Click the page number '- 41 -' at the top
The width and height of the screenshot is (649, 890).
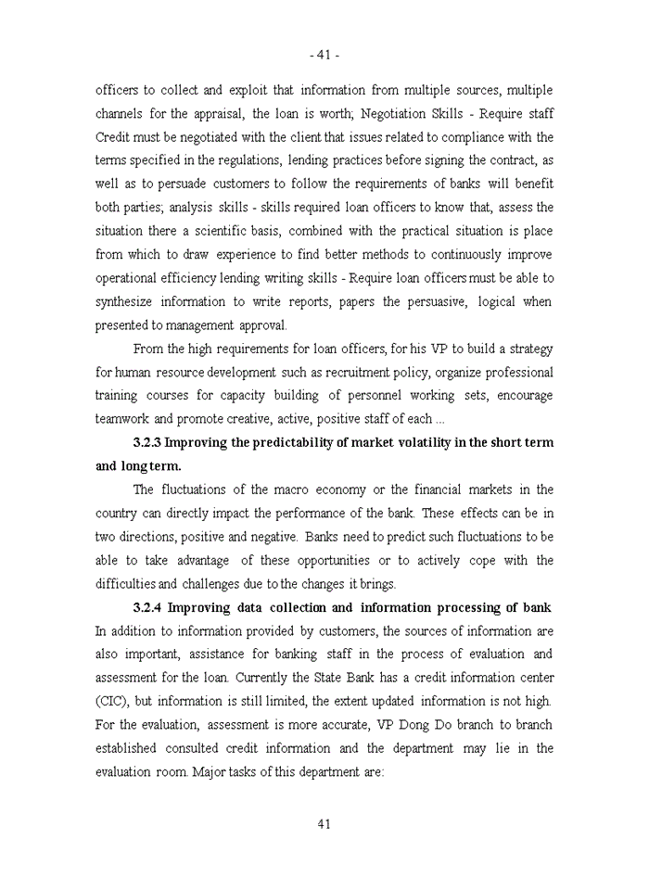[x=324, y=55]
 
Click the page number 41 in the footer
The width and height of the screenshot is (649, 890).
[x=324, y=824]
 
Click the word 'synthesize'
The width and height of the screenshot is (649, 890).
[x=127, y=301]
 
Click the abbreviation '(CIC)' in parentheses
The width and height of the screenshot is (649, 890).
[x=116, y=701]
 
